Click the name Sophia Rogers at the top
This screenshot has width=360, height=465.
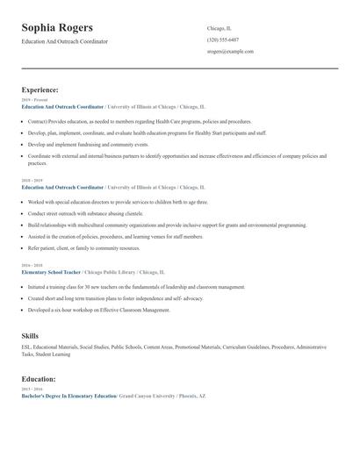pyautogui.click(x=57, y=28)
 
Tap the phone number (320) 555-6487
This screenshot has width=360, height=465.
pyautogui.click(x=223, y=39)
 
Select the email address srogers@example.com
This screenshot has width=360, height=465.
pyautogui.click(x=230, y=52)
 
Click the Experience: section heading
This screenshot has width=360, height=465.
pyautogui.click(x=40, y=89)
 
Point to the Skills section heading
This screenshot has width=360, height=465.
pyautogui.click(x=30, y=335)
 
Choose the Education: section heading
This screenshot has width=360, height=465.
pyautogui.click(x=39, y=379)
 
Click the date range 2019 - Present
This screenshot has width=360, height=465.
pyautogui.click(x=34, y=101)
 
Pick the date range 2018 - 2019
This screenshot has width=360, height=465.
pyautogui.click(x=32, y=182)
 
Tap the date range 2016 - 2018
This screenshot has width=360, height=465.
pyautogui.click(x=32, y=265)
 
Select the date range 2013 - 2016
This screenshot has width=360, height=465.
pyautogui.click(x=32, y=390)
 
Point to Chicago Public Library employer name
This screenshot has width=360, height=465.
pyautogui.click(x=114, y=272)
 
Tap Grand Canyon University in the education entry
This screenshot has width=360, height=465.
pyautogui.click(x=147, y=397)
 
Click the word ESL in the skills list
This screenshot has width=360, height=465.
pyautogui.click(x=26, y=347)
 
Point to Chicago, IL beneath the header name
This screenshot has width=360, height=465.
pyautogui.click(x=220, y=27)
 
